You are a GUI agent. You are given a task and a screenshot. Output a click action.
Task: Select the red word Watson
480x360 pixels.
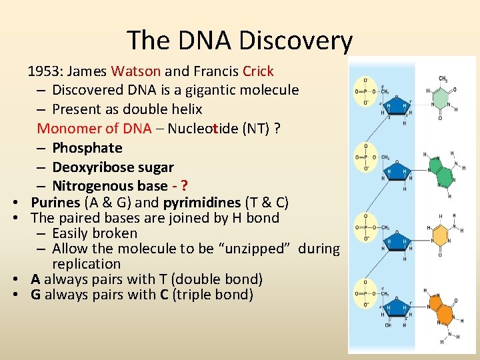point(136,71)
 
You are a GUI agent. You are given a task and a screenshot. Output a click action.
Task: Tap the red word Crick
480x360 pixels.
point(258,71)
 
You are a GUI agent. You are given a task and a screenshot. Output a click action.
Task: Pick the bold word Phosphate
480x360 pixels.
point(87,147)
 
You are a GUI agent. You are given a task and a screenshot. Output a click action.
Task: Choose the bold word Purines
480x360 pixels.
point(55,202)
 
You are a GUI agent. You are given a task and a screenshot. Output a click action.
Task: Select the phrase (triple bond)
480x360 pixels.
point(213,295)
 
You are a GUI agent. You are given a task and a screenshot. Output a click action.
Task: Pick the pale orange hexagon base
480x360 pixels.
point(441,234)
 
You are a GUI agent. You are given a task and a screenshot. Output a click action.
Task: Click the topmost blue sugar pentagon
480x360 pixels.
point(398,106)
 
